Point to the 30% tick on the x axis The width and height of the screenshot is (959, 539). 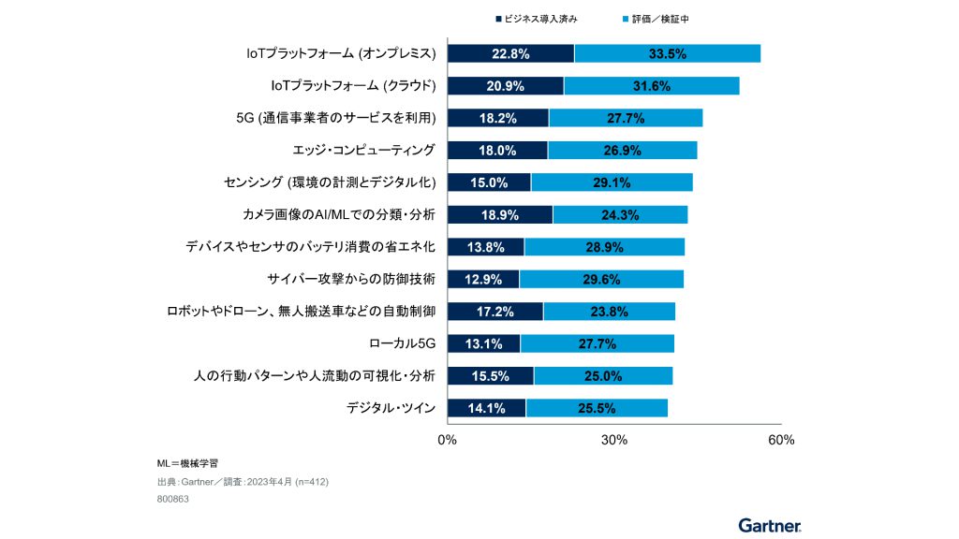(613, 440)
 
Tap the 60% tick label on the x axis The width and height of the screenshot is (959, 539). (780, 440)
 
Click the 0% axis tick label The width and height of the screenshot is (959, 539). (448, 440)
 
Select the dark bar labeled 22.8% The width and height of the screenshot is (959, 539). (510, 53)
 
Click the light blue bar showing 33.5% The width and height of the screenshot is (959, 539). (667, 53)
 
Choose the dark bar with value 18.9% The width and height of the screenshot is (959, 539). (500, 214)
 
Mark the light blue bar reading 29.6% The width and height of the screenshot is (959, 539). (601, 279)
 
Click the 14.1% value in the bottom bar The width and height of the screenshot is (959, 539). (486, 408)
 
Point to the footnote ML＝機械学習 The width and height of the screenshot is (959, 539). (188, 463)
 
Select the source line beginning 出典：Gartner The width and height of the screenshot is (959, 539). (243, 481)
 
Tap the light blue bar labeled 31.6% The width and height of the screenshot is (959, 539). (651, 85)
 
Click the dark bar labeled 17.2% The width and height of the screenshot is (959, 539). (495, 312)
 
